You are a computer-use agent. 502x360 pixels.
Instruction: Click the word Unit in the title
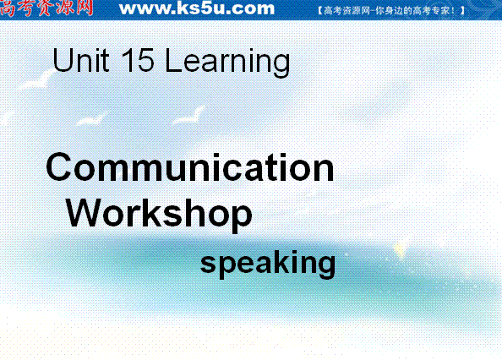(x=81, y=60)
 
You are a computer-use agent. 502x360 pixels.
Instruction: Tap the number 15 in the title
(x=138, y=60)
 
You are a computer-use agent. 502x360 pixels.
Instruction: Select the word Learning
(x=227, y=63)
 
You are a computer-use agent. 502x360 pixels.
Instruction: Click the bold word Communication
(x=190, y=167)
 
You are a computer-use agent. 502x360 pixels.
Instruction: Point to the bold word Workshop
(x=159, y=214)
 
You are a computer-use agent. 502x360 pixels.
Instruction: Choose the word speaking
(x=268, y=264)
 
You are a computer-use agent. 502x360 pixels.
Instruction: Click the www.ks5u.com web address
(x=197, y=8)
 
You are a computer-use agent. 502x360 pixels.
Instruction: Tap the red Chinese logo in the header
(x=46, y=8)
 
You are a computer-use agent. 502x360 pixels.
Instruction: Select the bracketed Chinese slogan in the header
(x=391, y=10)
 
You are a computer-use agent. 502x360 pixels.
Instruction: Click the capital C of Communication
(x=58, y=167)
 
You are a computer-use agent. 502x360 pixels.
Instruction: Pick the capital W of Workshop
(x=84, y=212)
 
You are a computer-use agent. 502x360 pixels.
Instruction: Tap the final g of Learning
(x=281, y=65)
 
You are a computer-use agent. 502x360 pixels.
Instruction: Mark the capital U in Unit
(x=63, y=60)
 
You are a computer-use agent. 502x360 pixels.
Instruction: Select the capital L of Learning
(x=173, y=60)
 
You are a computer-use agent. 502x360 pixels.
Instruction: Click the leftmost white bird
(x=36, y=80)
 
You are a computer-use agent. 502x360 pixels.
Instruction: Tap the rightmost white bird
(x=189, y=115)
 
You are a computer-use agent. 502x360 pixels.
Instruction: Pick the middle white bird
(x=91, y=118)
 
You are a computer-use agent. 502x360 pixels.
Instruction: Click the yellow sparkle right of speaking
(x=400, y=249)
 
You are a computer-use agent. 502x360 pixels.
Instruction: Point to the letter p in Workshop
(x=241, y=217)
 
